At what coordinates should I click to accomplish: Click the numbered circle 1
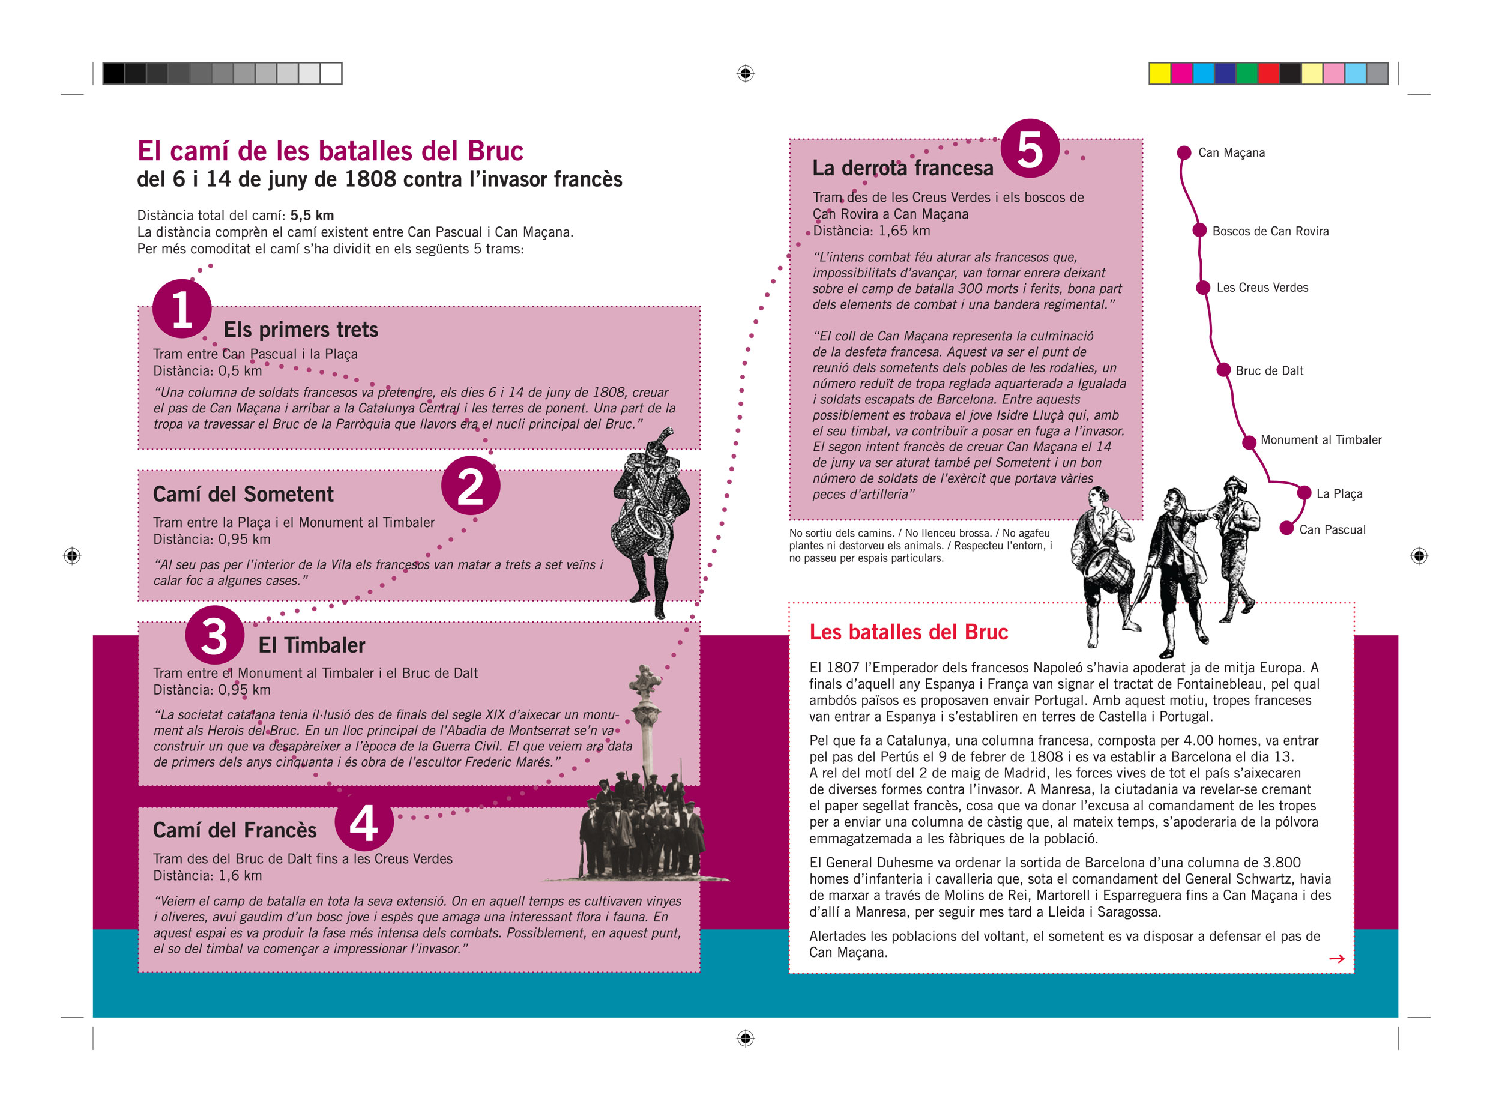click(x=182, y=309)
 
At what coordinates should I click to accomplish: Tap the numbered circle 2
click(x=470, y=485)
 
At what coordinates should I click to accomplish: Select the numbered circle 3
click(x=214, y=635)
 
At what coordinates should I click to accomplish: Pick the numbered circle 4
click(x=364, y=822)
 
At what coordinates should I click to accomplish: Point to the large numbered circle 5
click(x=1030, y=148)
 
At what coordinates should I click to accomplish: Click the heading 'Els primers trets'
click(x=301, y=330)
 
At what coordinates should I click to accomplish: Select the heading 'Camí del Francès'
click(x=235, y=830)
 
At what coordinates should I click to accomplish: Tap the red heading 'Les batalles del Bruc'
click(x=908, y=632)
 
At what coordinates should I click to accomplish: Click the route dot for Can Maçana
click(x=1184, y=153)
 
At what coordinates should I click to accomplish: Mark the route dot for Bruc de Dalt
click(x=1223, y=370)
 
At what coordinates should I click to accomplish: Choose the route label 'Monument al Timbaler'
click(x=1321, y=440)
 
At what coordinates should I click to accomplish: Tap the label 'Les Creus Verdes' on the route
click(x=1262, y=288)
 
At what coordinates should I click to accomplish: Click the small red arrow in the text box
click(x=1336, y=958)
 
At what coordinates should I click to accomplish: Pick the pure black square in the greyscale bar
click(x=113, y=73)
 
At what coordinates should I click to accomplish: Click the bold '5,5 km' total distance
click(x=312, y=215)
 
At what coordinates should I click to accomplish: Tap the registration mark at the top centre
click(x=745, y=73)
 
